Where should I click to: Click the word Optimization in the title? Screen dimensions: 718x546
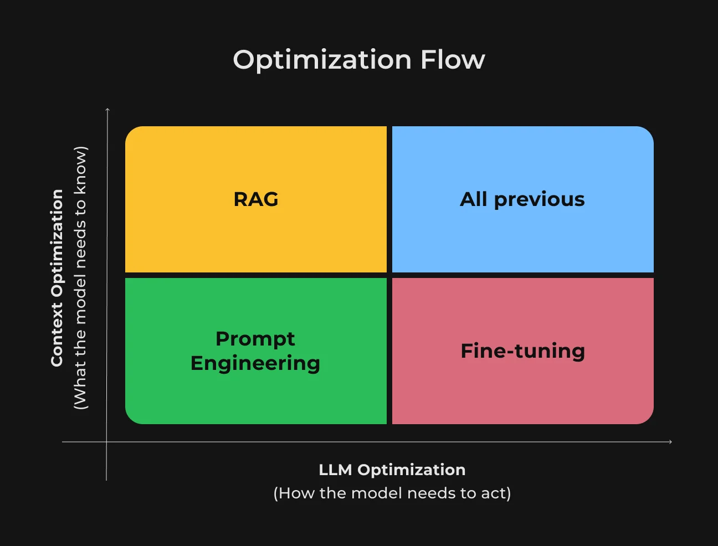pyautogui.click(x=322, y=60)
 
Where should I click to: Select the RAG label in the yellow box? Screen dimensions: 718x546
pyautogui.click(x=256, y=199)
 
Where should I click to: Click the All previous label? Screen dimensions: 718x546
pyautogui.click(x=522, y=199)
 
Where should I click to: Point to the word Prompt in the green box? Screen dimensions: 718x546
pyautogui.click(x=255, y=339)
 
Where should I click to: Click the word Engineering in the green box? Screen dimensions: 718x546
pyautogui.click(x=255, y=364)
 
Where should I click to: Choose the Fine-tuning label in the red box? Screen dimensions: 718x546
pyautogui.click(x=523, y=351)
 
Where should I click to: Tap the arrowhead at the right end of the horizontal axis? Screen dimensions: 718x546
pyautogui.click(x=670, y=442)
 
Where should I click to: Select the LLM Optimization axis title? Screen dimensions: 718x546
pyautogui.click(x=392, y=470)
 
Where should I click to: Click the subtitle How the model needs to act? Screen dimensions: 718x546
pyautogui.click(x=392, y=493)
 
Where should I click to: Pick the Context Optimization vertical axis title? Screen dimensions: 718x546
pyautogui.click(x=57, y=278)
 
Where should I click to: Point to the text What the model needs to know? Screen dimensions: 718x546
pyautogui.click(x=80, y=277)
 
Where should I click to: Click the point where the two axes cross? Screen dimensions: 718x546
pyautogui.click(x=106, y=442)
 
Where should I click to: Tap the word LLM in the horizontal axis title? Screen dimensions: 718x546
pyautogui.click(x=335, y=470)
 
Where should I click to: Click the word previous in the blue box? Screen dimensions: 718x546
pyautogui.click(x=540, y=200)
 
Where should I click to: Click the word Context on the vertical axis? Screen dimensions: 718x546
pyautogui.click(x=57, y=334)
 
